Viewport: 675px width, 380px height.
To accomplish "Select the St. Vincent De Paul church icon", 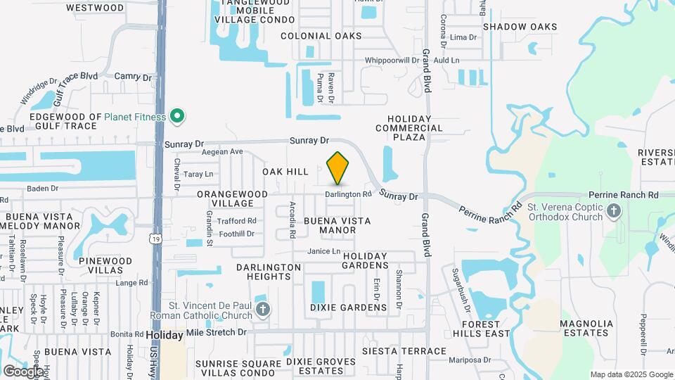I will pos(262,309).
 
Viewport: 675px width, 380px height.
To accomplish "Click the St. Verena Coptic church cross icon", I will pos(614,210).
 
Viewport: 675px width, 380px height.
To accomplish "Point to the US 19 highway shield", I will pos(154,239).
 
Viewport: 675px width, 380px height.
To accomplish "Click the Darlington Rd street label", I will pos(348,194).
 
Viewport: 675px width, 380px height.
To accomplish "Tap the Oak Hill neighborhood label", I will pos(285,172).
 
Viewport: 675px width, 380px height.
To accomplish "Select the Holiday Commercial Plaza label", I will pos(409,128).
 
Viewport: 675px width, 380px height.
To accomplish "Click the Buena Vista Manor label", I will pos(337,225).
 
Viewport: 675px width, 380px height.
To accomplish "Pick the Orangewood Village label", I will pos(232,198).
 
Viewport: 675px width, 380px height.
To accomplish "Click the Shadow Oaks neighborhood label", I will pos(520,27).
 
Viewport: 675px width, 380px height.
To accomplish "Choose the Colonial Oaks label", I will pos(321,36).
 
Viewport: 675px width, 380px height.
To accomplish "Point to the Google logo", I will pos(22,371).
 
